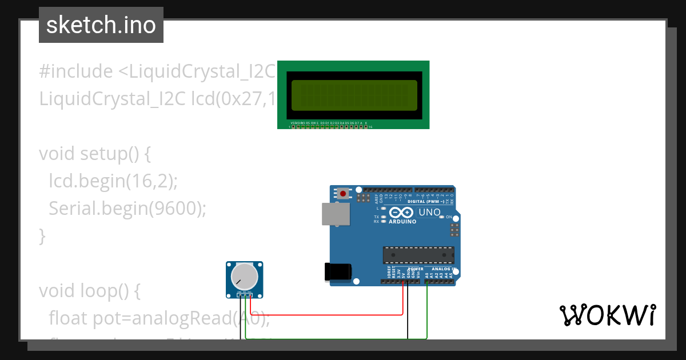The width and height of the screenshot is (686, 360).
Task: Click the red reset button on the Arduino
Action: pos(342,194)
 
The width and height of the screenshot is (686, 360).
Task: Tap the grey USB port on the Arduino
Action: pos(336,214)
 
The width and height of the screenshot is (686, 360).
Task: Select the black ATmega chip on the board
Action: pos(418,254)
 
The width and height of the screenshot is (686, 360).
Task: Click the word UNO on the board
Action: pos(430,213)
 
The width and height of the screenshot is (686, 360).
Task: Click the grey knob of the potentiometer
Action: pos(244,277)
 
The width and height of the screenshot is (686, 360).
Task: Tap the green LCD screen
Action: pos(354,95)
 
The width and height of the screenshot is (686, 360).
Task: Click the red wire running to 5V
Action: pos(326,314)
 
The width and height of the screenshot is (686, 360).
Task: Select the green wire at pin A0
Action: pos(427,309)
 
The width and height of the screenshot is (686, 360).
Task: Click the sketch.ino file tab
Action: pos(101,25)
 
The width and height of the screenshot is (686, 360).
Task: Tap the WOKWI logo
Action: pos(607,315)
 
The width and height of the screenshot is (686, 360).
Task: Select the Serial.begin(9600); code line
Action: pos(127,209)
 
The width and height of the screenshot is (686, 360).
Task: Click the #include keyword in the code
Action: pos(76,71)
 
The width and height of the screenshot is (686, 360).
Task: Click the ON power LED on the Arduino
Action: pos(442,218)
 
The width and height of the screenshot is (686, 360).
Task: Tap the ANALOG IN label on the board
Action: pos(443,269)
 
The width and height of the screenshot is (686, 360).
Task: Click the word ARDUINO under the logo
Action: pos(402,221)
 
